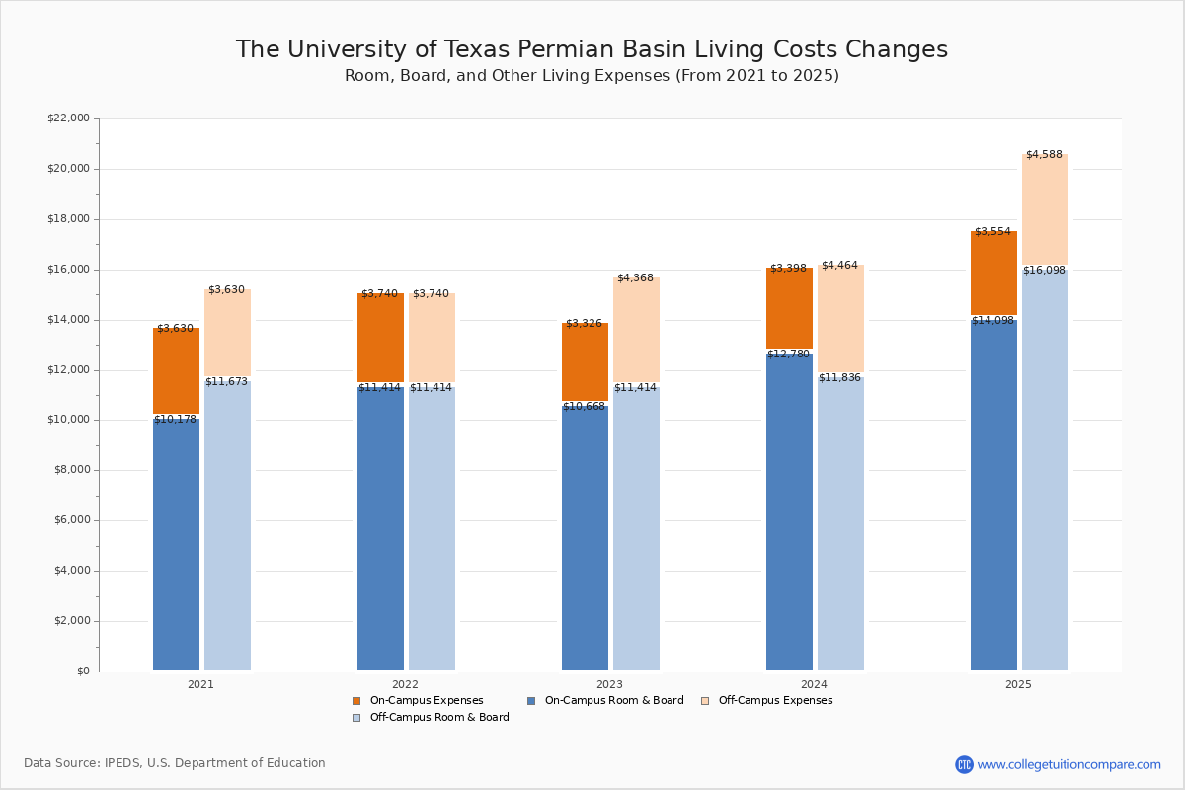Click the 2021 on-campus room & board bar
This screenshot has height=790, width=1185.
click(176, 543)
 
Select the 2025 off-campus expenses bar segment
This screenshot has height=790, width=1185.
click(1045, 209)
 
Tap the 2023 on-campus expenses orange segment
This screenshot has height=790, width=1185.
click(585, 361)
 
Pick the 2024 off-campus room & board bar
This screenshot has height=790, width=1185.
click(840, 523)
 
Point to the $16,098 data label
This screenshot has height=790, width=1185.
click(1044, 270)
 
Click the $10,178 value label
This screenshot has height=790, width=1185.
click(175, 419)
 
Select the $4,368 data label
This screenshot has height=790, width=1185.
click(635, 277)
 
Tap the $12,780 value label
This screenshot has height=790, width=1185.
click(788, 354)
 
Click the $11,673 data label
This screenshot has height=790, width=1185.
click(226, 381)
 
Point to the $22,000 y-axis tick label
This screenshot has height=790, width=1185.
click(68, 118)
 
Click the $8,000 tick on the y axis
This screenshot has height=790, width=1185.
click(71, 470)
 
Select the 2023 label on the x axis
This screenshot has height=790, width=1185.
click(609, 684)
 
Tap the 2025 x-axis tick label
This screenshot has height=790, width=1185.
click(1018, 684)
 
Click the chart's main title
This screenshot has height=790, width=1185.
click(592, 49)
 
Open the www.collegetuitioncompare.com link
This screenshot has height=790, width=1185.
click(1068, 764)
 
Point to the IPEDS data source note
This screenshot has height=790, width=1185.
click(175, 763)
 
